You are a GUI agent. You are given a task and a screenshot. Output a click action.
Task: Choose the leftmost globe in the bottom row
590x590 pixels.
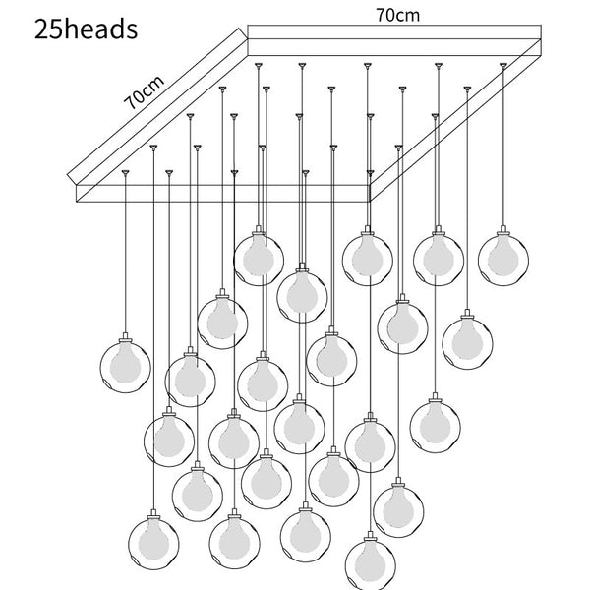[x=155, y=541]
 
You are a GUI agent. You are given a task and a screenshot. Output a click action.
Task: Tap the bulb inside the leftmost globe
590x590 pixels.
[x=127, y=365]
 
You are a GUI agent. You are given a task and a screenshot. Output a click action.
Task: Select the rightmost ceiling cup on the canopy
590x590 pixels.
[x=504, y=65]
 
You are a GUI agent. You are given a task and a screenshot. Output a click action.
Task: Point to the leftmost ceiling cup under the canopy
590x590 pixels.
[x=126, y=171]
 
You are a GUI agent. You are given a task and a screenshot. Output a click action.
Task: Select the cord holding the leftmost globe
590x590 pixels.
[x=126, y=256]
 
